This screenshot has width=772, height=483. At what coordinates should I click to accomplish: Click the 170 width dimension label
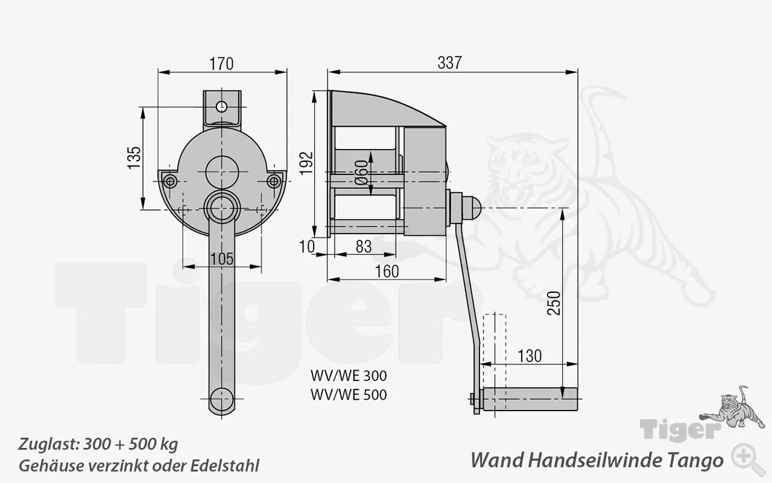point(221,63)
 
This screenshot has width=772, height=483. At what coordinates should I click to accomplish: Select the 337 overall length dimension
point(449,62)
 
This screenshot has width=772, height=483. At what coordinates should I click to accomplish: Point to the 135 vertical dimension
point(134,157)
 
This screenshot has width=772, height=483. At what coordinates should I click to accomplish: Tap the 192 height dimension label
point(307,162)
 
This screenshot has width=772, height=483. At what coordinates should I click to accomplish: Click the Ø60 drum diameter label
point(361,172)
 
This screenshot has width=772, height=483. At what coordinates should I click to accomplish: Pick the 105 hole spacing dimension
point(222,258)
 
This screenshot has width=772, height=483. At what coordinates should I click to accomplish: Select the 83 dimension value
point(363,246)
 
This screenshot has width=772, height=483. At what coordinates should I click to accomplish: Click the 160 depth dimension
point(387,272)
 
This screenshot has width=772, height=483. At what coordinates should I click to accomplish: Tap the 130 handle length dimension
point(529,356)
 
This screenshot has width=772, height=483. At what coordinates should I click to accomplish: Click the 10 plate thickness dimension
point(307,246)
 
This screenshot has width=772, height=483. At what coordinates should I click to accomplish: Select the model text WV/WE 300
point(349,376)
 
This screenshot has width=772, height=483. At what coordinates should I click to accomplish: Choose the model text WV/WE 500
point(349,395)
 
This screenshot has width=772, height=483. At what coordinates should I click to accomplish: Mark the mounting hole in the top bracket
point(222,106)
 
